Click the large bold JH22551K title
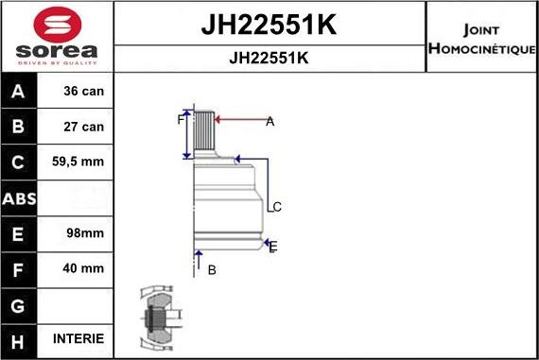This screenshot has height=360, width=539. (269, 26)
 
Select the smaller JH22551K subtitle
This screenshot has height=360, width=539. (269, 58)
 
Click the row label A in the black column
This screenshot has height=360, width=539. (20, 93)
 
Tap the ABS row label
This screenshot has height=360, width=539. (20, 198)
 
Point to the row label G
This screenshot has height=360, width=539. (20, 305)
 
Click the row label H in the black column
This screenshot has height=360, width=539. (20, 338)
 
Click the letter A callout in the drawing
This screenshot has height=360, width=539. (269, 121)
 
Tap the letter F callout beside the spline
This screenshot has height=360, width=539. (180, 120)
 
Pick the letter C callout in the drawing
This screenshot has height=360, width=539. (276, 207)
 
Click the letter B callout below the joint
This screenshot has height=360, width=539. (212, 269)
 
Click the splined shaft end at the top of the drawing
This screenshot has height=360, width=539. (205, 132)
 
